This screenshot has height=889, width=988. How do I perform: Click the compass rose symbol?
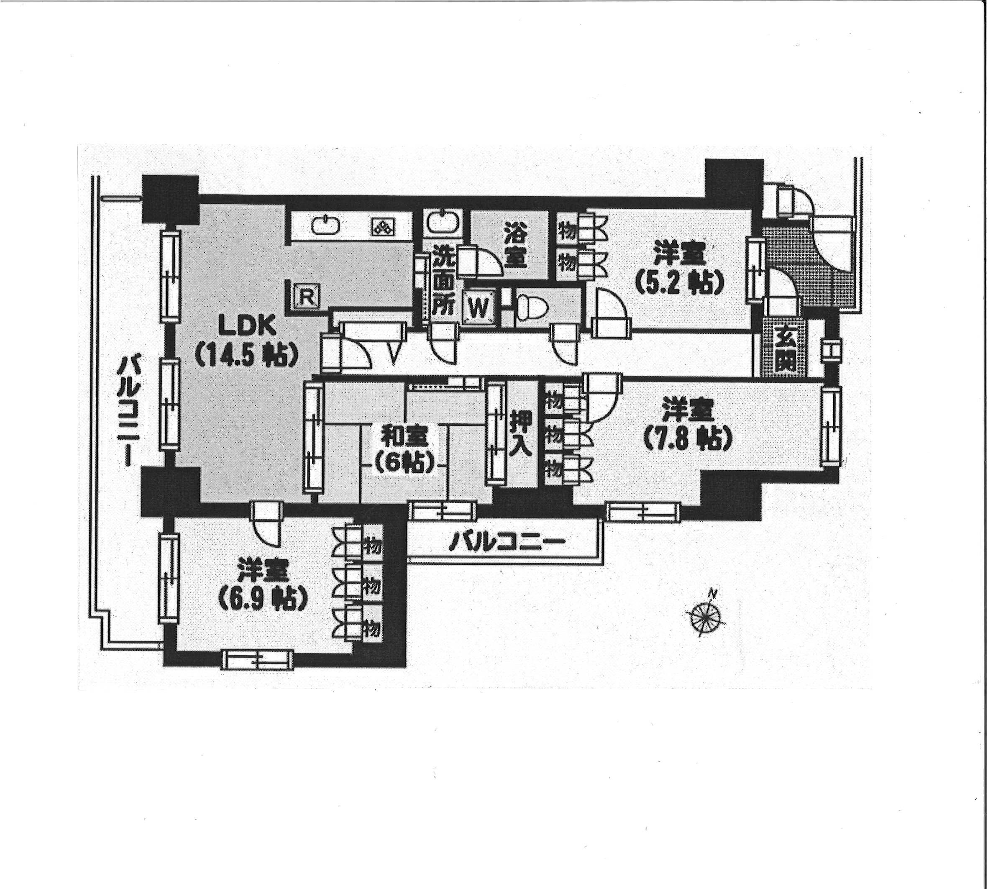point(706,618)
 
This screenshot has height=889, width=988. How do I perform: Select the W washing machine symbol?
point(478,307)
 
